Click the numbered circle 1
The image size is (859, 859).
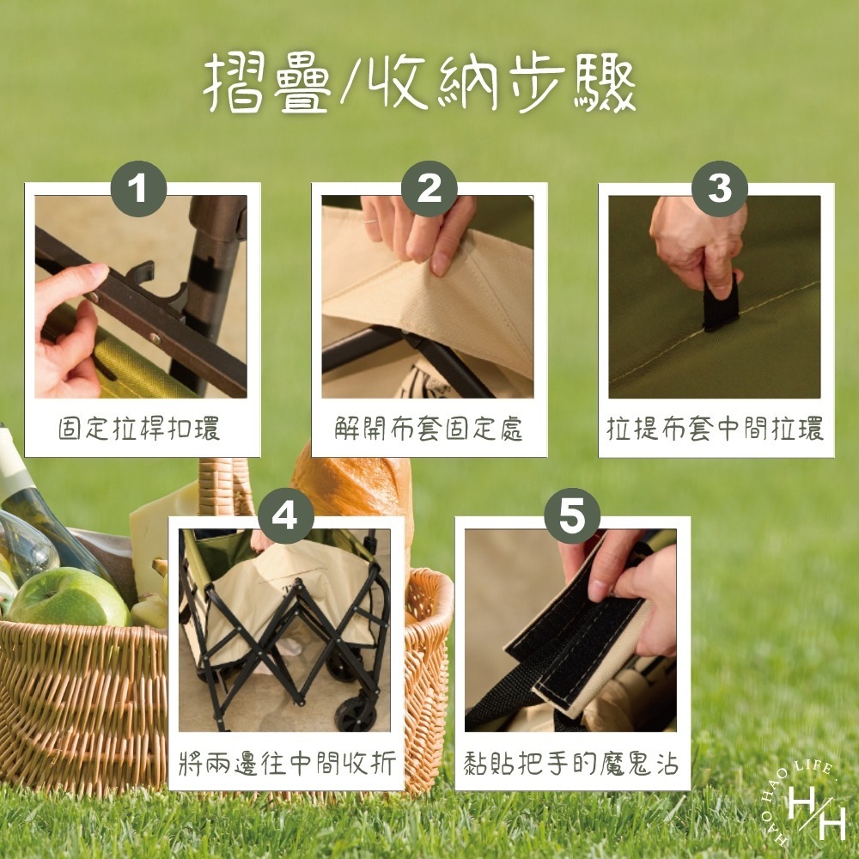[x=138, y=189]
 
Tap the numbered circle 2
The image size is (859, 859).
[x=429, y=189]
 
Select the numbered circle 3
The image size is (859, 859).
[x=719, y=189]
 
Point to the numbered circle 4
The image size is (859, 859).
[x=285, y=516]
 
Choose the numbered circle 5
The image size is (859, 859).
[x=572, y=516]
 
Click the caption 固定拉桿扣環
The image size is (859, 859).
[x=139, y=429]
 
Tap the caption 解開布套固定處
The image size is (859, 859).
[x=429, y=429]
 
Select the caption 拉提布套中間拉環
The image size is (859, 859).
[x=715, y=429]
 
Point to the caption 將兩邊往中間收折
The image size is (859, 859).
[x=287, y=763]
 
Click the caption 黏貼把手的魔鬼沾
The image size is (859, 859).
[x=571, y=763]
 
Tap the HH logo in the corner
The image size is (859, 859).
[x=804, y=806]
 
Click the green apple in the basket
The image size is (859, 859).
[x=69, y=598]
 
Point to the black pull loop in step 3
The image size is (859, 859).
[x=721, y=305]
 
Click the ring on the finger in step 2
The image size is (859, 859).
[x=369, y=222]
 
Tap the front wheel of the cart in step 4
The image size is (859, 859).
[x=356, y=713]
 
